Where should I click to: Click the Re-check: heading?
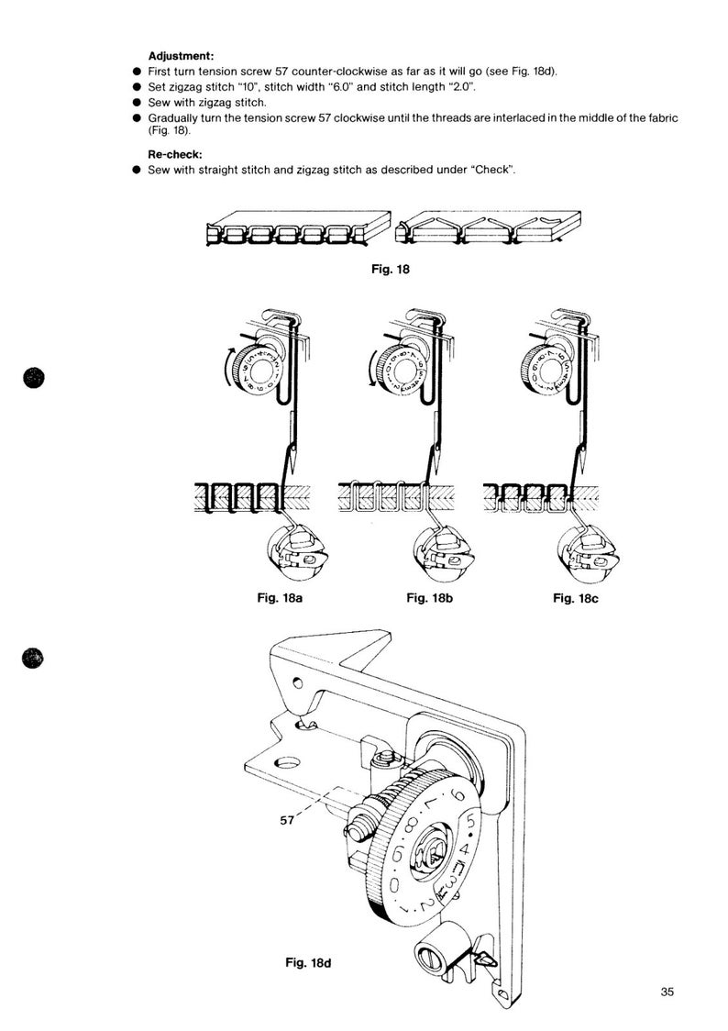pyautogui.click(x=176, y=156)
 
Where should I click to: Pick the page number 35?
pyautogui.click(x=667, y=991)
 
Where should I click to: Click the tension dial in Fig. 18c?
pyautogui.click(x=548, y=370)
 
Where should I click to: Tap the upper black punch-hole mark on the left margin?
pyautogui.click(x=34, y=377)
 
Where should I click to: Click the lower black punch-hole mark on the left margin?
pyautogui.click(x=34, y=659)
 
